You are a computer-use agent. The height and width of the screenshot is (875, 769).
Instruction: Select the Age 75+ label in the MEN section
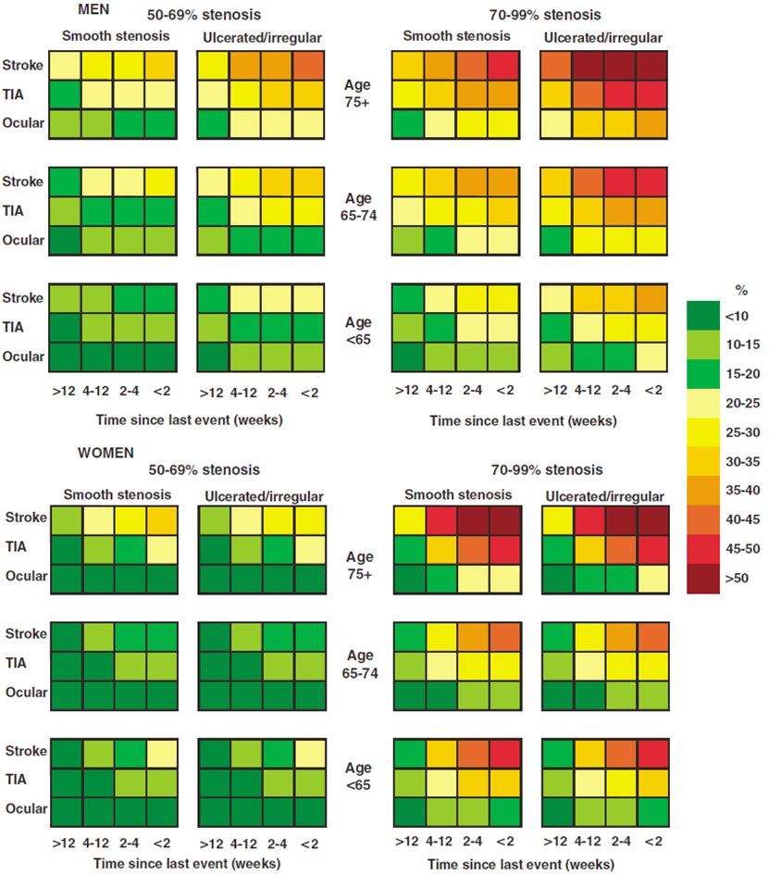358,92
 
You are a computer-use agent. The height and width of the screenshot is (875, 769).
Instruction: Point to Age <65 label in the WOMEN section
358,776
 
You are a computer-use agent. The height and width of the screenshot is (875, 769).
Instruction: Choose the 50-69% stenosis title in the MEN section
203,16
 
